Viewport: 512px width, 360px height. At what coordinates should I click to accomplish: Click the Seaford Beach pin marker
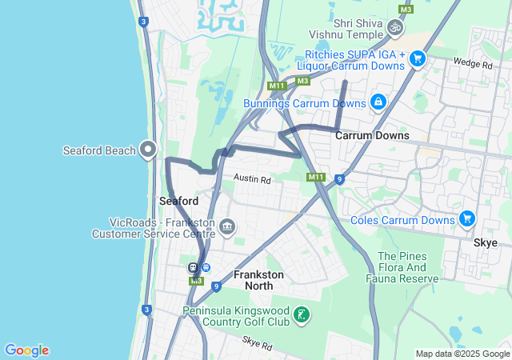tap(148, 150)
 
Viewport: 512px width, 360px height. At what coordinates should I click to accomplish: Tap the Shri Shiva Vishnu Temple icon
tap(394, 28)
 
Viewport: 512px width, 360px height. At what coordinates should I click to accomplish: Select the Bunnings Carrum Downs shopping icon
tap(378, 102)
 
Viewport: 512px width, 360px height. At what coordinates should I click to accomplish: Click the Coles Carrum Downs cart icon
tap(467, 218)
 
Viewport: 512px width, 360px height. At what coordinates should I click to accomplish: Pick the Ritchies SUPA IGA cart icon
tap(416, 58)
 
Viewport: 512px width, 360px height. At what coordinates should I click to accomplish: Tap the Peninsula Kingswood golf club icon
tap(301, 315)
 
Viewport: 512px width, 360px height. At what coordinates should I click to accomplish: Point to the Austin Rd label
tap(252, 181)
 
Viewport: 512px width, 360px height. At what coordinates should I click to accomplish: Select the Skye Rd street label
tap(257, 345)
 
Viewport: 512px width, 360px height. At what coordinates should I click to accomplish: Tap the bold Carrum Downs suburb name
tap(372, 136)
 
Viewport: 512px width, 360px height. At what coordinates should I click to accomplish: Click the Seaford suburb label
tap(178, 201)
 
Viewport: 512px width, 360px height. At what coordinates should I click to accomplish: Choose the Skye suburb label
tap(485, 242)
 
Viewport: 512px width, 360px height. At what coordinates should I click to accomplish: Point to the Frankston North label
tap(258, 280)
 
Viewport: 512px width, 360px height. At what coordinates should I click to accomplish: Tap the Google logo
tap(26, 350)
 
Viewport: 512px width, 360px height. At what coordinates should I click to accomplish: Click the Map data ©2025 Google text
tap(462, 354)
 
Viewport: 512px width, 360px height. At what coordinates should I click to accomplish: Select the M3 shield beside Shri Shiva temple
tap(406, 9)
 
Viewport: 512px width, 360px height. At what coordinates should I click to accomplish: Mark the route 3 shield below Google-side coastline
tap(146, 310)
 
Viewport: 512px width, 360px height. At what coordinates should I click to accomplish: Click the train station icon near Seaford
tap(193, 267)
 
